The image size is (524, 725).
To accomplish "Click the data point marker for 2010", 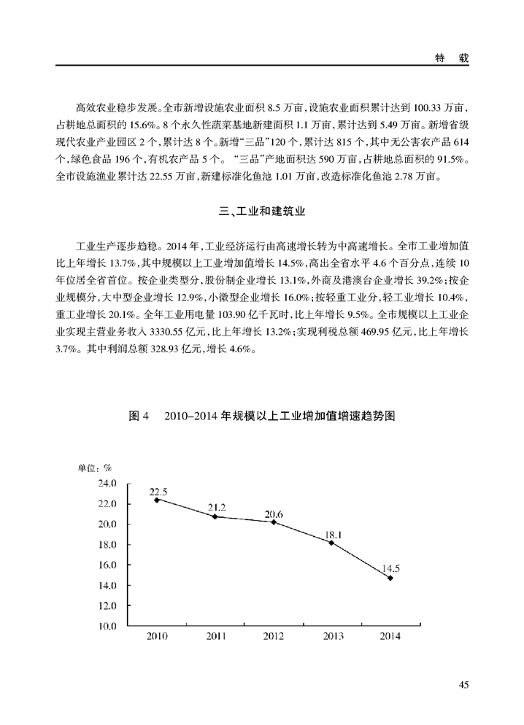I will coord(157,500).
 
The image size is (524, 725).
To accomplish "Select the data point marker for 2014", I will coord(390,578).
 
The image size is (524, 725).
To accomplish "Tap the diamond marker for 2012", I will coord(274,522).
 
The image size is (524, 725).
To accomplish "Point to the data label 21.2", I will coord(216,507).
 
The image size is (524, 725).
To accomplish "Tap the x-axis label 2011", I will coord(215,637).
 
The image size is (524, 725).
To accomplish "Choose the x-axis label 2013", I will coord(332,637).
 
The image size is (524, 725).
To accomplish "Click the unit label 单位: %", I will coord(95,468).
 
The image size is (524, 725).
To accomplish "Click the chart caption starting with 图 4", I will coord(261,416).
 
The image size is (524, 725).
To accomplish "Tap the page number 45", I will coord(464,684).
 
